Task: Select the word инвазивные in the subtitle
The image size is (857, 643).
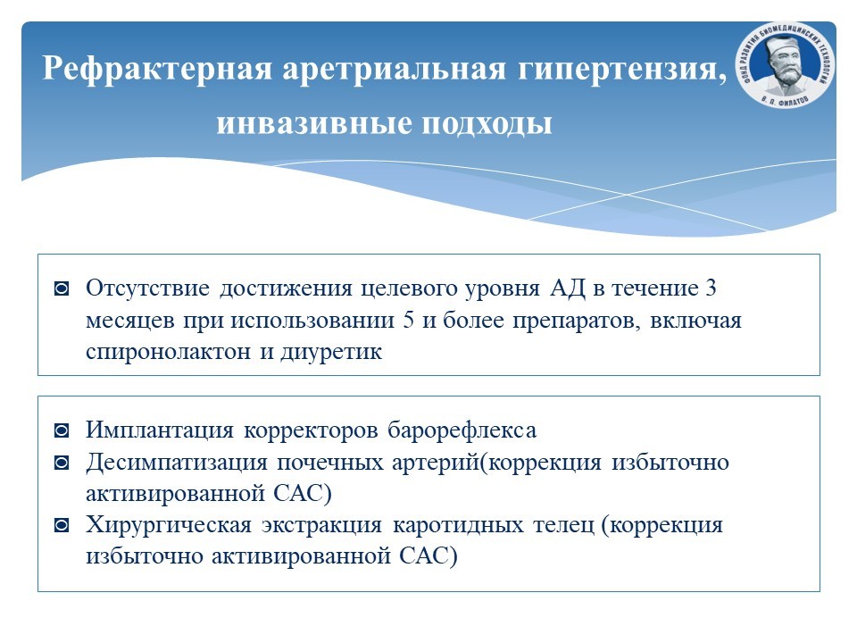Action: click(314, 123)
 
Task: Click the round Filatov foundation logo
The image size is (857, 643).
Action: click(786, 64)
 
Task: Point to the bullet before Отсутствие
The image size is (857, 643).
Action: click(62, 288)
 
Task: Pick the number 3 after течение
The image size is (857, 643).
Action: click(711, 288)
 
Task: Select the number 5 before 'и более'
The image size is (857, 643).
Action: click(408, 320)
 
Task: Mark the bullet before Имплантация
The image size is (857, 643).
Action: click(62, 430)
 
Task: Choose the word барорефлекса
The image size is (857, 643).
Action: click(462, 430)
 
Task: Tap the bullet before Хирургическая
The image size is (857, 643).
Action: click(62, 525)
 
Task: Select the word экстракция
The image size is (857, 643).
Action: click(321, 525)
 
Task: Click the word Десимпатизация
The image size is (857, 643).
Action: click(177, 463)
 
